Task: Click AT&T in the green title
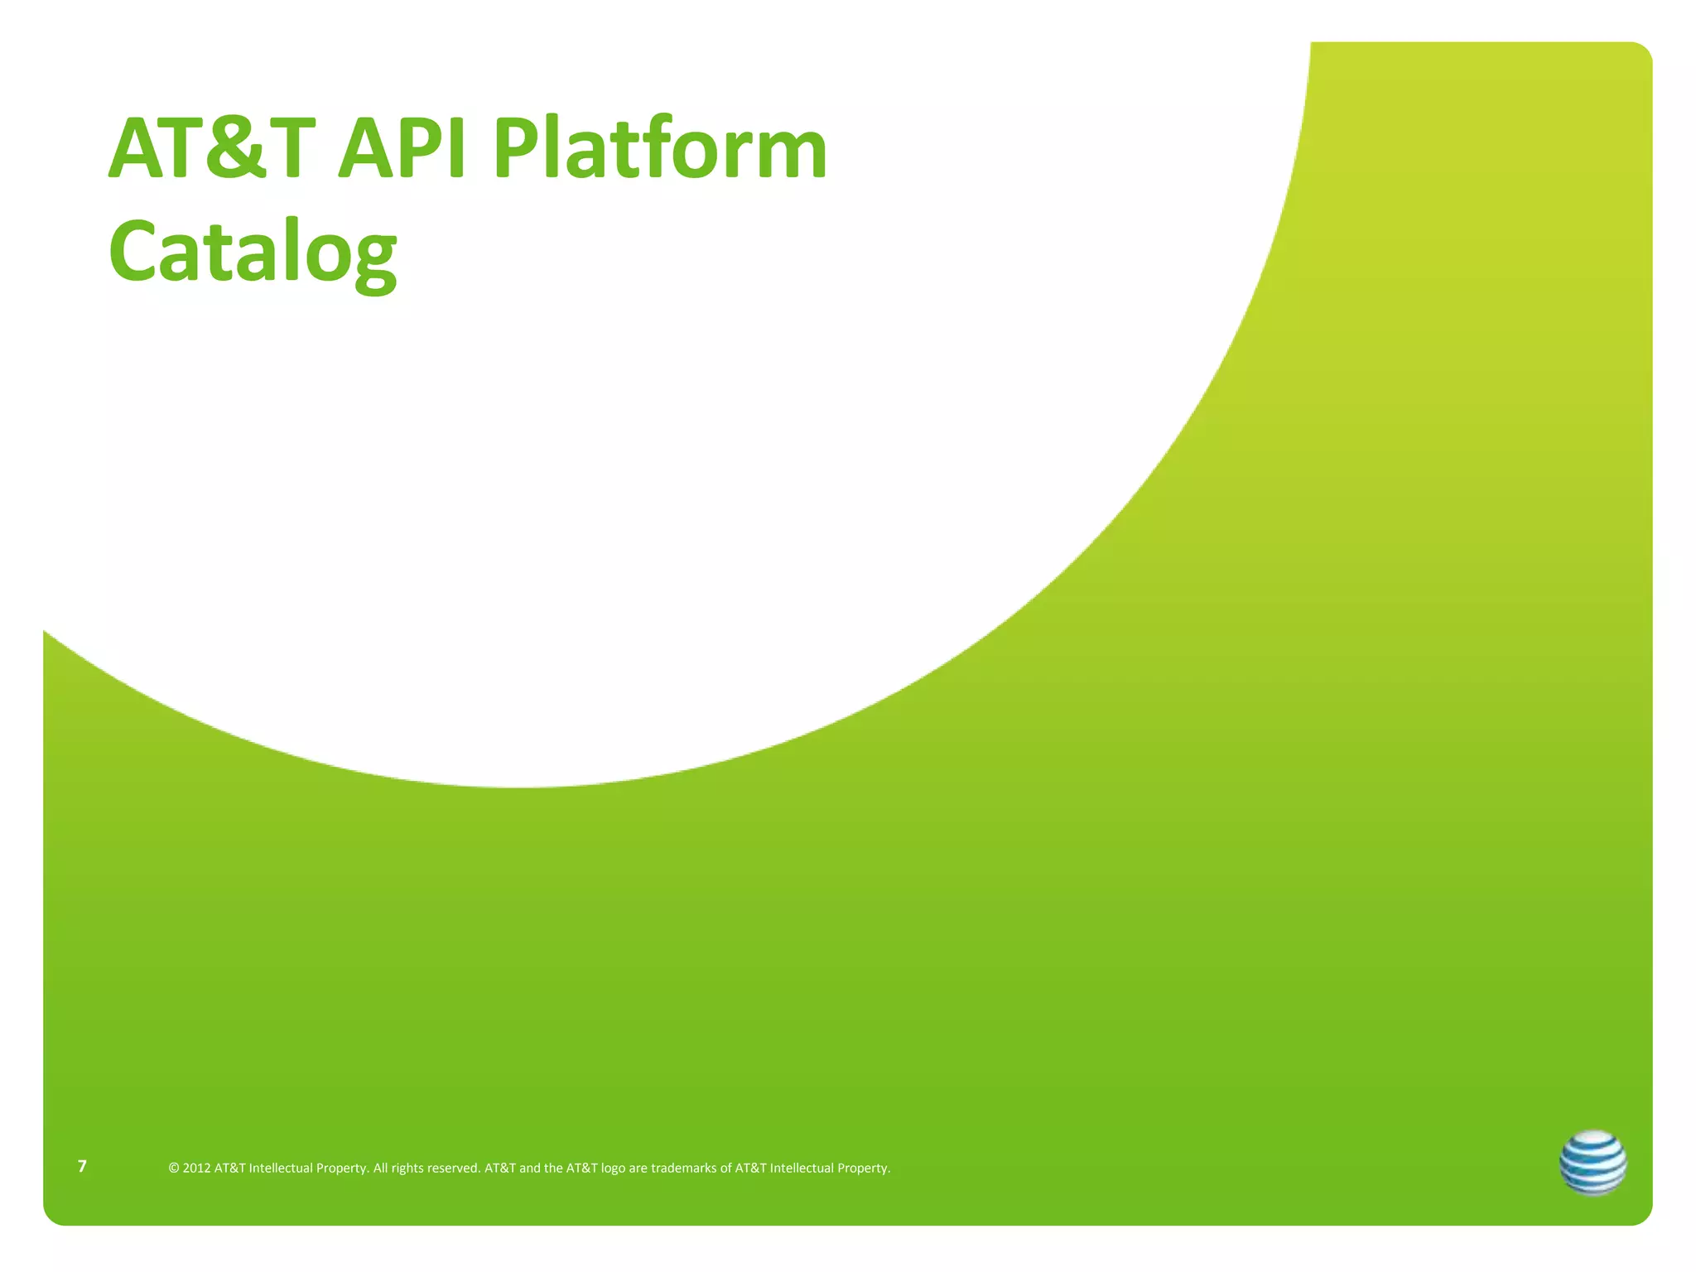212,150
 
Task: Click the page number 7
82,1167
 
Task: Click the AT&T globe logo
1592,1163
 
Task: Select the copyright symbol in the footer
174,1168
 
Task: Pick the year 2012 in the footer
196,1168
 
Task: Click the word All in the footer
380,1168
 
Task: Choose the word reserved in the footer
453,1168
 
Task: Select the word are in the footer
638,1168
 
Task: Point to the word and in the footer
529,1168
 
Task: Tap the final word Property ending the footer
864,1168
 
